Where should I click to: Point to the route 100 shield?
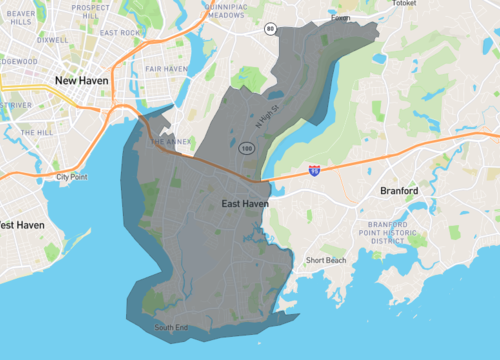click(x=247, y=148)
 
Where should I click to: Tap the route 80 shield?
click(x=270, y=29)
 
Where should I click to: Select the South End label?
click(x=171, y=327)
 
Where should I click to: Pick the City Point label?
click(x=73, y=177)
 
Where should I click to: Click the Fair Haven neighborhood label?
click(x=165, y=68)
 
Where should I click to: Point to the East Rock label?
click(x=121, y=32)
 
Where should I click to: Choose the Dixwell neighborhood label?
click(x=51, y=40)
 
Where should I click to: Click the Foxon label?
click(x=342, y=17)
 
